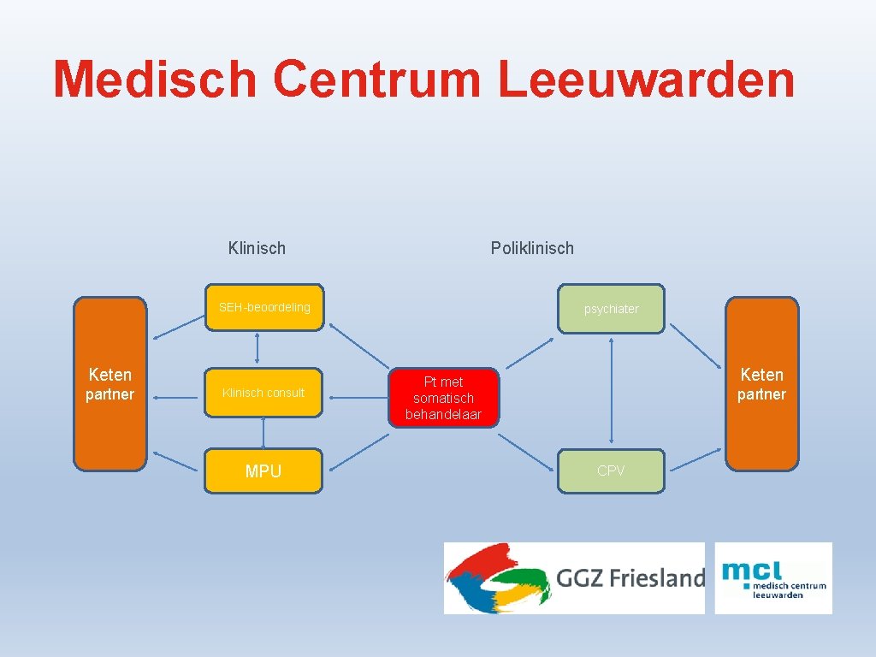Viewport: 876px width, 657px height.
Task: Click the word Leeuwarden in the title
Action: pyautogui.click(x=647, y=79)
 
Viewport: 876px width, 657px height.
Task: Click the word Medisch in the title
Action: pyautogui.click(x=154, y=79)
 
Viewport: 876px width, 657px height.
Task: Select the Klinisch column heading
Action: pyautogui.click(x=257, y=248)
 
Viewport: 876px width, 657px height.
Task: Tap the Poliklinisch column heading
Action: pyautogui.click(x=532, y=248)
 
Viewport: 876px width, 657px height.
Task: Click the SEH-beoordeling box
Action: pyautogui.click(x=263, y=307)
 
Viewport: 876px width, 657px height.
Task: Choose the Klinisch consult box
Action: pyautogui.click(x=263, y=393)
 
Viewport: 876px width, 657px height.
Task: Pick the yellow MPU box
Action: pyautogui.click(x=263, y=471)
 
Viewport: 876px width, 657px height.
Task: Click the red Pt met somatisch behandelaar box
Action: pyautogui.click(x=443, y=398)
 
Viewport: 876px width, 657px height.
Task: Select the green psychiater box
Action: pyautogui.click(x=611, y=309)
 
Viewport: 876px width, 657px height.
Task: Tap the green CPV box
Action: pyautogui.click(x=611, y=471)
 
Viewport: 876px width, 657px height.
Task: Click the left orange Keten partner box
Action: pyautogui.click(x=109, y=384)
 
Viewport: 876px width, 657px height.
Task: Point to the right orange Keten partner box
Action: pyautogui.click(x=761, y=384)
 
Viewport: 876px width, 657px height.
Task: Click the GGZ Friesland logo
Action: pyautogui.click(x=573, y=578)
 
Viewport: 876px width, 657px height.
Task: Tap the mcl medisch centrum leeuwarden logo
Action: pyautogui.click(x=773, y=578)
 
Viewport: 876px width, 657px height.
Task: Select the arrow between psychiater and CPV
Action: pyautogui.click(x=612, y=390)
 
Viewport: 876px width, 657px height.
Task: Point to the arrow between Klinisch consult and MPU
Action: pyautogui.click(x=263, y=433)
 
